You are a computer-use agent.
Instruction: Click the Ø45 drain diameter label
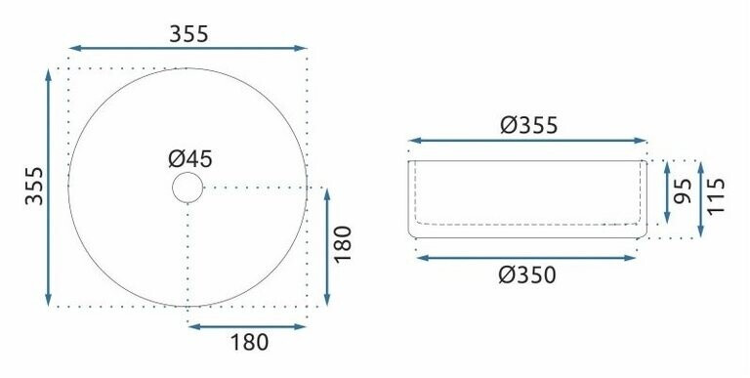click(x=189, y=159)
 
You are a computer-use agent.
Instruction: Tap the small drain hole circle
click(x=187, y=173)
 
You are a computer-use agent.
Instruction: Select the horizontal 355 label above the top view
click(x=188, y=34)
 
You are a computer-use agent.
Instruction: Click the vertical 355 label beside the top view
click(x=34, y=187)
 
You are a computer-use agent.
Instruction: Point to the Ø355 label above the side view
click(x=529, y=125)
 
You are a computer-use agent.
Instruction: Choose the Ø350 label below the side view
click(x=527, y=275)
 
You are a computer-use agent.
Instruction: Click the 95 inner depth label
click(x=683, y=190)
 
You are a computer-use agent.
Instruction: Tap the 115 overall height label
click(x=716, y=196)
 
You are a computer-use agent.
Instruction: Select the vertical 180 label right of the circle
click(x=343, y=244)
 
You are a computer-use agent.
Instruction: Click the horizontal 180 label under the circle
click(x=249, y=343)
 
